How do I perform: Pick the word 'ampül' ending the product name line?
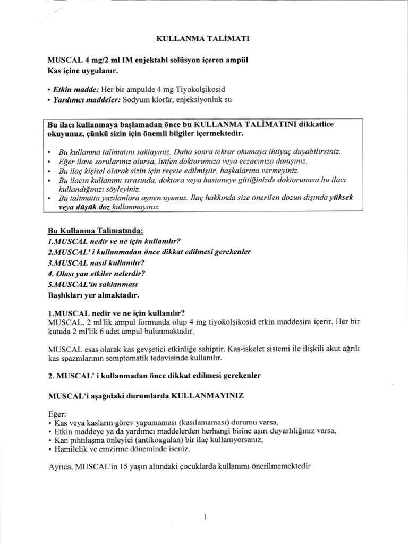tap(237, 60)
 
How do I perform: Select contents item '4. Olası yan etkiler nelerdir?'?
tap(96, 273)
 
